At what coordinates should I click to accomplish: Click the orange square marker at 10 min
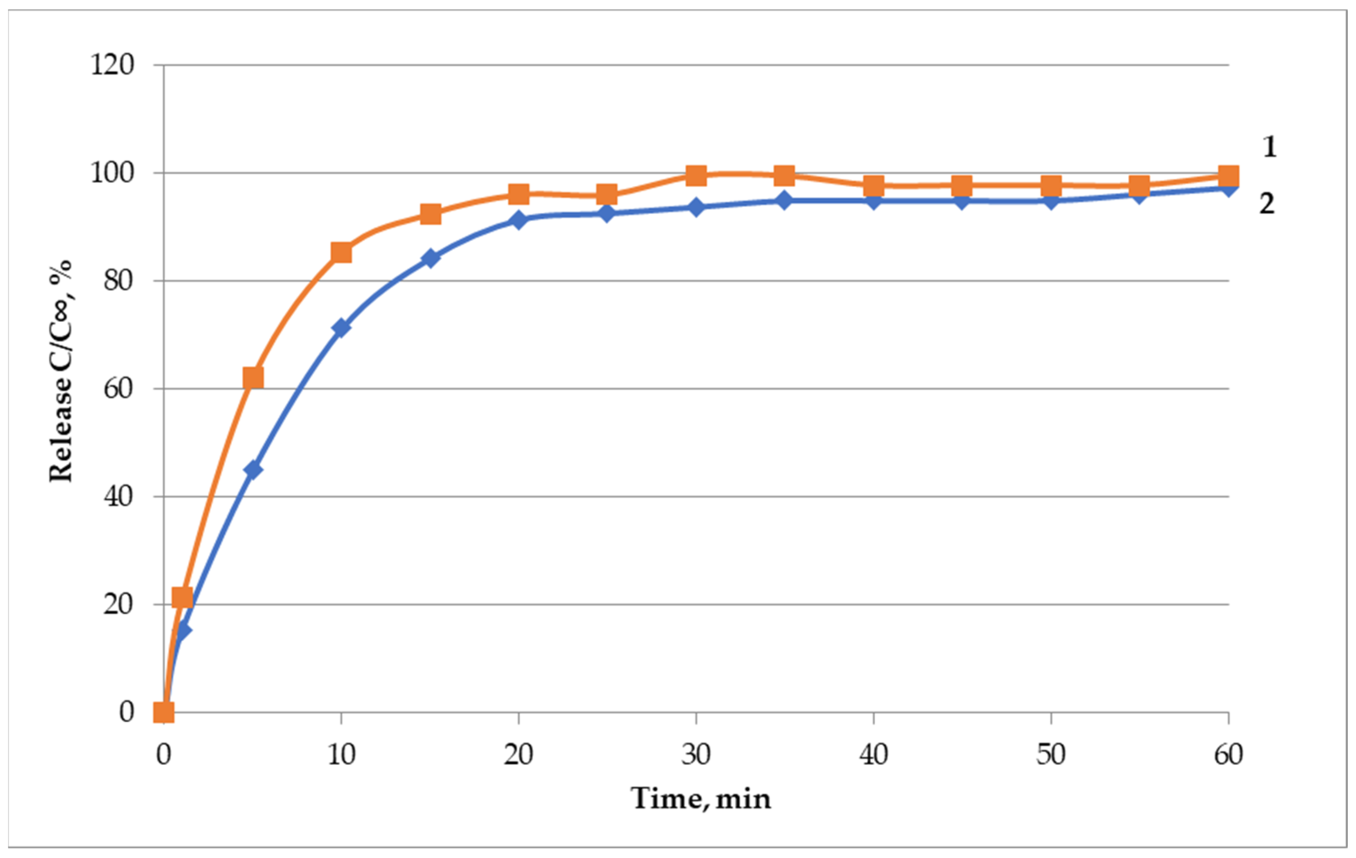click(x=341, y=253)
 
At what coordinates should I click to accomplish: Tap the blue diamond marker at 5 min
click(x=253, y=469)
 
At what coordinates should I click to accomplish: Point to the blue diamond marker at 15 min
click(x=430, y=258)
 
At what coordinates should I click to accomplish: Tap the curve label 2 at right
click(x=1266, y=204)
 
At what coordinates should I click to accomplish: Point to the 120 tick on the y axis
click(x=113, y=65)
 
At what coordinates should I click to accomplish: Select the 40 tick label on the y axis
click(x=119, y=496)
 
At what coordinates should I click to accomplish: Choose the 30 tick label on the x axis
click(x=696, y=754)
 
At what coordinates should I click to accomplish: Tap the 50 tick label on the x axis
click(x=1051, y=754)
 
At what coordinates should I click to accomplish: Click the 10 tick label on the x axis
click(x=341, y=754)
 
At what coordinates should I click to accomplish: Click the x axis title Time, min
click(x=701, y=798)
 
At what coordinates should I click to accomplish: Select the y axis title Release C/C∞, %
click(x=61, y=372)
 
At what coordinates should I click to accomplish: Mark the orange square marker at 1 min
click(x=182, y=598)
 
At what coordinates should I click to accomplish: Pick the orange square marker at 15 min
click(x=430, y=214)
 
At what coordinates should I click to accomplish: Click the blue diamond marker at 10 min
click(x=341, y=328)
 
